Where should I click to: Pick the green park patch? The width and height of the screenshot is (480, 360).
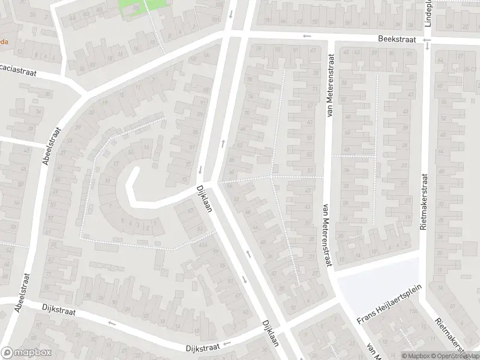(139, 7)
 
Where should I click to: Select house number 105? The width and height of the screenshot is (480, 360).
(217, 5)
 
